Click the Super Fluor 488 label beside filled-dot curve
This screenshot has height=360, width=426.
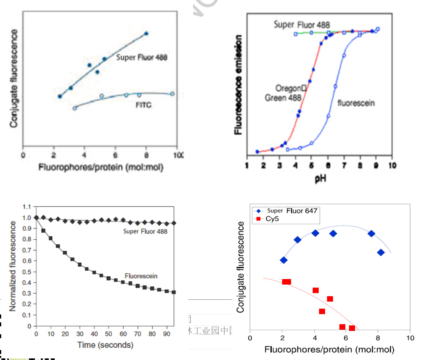point(142,57)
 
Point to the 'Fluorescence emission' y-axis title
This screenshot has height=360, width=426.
point(239,85)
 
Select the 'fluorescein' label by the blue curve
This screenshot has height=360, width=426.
point(356,103)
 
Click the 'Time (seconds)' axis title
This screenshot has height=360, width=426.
point(105,345)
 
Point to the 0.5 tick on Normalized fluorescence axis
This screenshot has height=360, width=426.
point(27,272)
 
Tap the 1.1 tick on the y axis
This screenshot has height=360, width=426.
point(27,207)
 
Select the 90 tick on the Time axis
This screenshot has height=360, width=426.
point(166,333)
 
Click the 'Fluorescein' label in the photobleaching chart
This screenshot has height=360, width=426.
point(141,275)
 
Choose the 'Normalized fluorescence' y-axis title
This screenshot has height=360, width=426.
point(13,266)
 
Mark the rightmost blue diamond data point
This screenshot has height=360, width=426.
point(381,252)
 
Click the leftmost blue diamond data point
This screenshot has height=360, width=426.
point(284,260)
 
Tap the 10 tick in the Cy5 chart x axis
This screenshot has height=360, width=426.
point(410,338)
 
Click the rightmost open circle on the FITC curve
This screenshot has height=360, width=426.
point(172,94)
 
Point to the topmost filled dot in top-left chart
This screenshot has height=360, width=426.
point(146,34)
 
